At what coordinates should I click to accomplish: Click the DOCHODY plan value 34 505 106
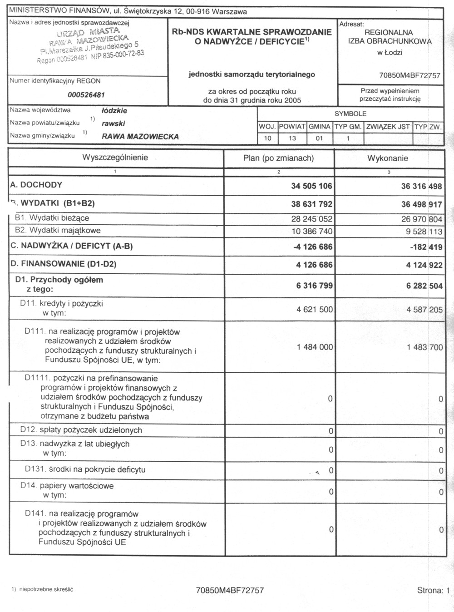click(311, 186)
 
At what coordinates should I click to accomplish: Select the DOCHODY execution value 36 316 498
click(421, 186)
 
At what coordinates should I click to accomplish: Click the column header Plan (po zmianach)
click(278, 158)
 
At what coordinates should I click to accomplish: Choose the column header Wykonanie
click(387, 158)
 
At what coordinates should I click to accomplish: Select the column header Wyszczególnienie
click(115, 158)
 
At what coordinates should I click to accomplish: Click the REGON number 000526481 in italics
click(86, 95)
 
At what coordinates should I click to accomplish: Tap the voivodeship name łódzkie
click(114, 110)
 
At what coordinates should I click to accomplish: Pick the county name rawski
click(113, 123)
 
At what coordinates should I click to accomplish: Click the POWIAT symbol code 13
click(292, 138)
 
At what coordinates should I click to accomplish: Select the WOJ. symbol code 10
click(267, 138)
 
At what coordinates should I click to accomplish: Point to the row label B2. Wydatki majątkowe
click(58, 230)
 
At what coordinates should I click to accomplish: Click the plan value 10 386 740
click(312, 232)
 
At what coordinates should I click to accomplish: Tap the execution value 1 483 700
click(424, 347)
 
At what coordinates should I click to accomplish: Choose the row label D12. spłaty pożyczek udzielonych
click(81, 430)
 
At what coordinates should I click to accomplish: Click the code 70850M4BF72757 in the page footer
click(230, 591)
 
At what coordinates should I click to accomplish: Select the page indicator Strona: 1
click(433, 591)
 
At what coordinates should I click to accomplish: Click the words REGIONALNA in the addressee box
click(389, 33)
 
